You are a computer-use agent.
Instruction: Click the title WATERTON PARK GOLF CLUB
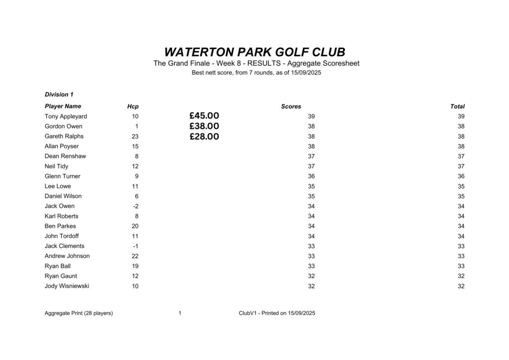coord(254,52)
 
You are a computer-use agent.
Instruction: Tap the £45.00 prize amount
coord(204,116)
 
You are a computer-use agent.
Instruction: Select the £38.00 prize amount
coord(204,126)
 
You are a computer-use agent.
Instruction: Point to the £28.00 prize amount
coord(204,136)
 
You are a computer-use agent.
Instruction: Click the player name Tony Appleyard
coord(66,116)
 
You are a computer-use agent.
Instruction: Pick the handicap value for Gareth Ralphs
coord(135,136)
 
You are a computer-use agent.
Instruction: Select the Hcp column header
coord(133,106)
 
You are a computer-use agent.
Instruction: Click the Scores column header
coord(291,106)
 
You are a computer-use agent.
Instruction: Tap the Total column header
coord(457,106)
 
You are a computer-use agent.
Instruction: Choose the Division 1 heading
coord(59,94)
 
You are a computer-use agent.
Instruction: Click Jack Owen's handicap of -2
coord(135,206)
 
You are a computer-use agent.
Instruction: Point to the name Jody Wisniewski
coord(67,286)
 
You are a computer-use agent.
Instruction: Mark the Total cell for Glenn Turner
coord(461,177)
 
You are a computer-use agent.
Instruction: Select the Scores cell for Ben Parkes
coord(311,226)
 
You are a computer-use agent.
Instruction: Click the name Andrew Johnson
coord(67,256)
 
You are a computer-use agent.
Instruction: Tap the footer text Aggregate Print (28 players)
coord(79,313)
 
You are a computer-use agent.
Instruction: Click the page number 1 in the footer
coord(179,313)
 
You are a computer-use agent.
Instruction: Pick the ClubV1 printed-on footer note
coord(277,313)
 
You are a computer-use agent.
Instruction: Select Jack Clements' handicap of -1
coord(135,246)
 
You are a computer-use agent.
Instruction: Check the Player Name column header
coord(63,106)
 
